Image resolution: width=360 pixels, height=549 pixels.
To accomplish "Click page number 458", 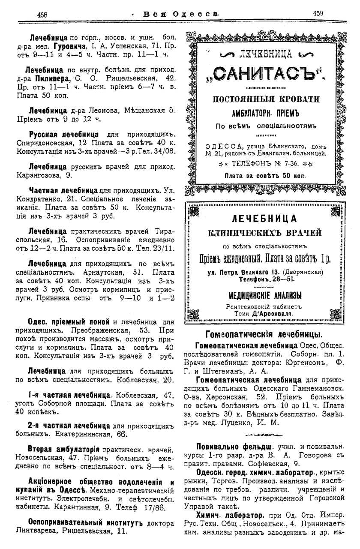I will click(42, 14).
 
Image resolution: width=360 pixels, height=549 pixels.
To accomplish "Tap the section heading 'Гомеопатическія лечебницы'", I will click(264, 334).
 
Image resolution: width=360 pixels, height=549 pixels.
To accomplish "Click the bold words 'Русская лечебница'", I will click(63, 134).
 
